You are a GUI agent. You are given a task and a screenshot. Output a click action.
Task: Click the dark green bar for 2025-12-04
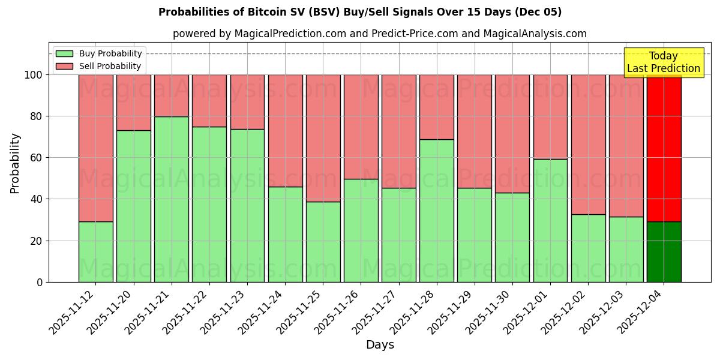664,252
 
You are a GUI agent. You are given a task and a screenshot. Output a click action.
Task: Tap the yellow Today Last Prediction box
663,62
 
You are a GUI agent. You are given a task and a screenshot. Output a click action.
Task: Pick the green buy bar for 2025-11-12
95,252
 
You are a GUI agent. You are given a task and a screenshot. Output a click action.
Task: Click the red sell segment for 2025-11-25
323,138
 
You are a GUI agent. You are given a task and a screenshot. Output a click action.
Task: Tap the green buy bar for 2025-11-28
437,211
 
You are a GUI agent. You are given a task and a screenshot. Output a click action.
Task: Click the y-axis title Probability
15,163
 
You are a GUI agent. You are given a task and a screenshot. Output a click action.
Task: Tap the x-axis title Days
380,345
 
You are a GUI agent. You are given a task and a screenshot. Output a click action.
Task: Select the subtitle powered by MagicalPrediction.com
379,34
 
